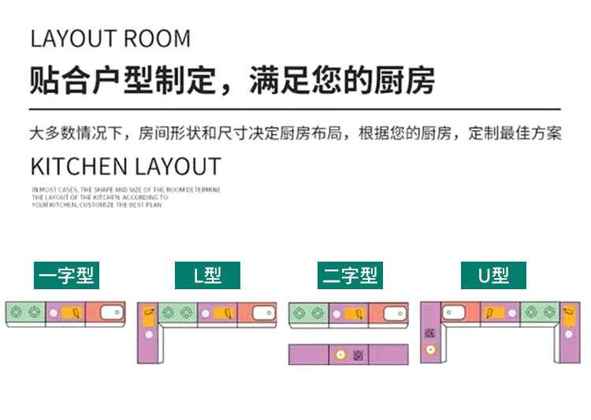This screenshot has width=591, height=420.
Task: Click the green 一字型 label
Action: coord(66,275)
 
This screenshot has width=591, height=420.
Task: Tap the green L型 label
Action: coord(207,275)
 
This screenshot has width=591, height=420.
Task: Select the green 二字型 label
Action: coord(350,275)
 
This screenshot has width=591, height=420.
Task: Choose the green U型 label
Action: coord(493,275)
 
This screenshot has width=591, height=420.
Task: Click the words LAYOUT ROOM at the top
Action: coord(110,38)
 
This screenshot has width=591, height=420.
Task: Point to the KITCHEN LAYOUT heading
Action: coord(125,167)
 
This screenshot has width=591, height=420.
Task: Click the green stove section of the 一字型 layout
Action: coord(25,313)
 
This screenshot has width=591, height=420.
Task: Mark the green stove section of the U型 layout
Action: coord(540,313)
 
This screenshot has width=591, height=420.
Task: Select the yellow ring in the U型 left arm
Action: coord(430,349)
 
